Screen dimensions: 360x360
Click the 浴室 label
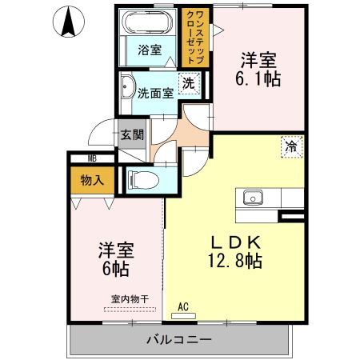pos(150,50)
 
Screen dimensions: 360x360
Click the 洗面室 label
pos(154,92)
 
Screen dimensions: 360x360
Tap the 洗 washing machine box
pos(189,82)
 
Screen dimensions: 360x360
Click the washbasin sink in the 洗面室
pos(126,90)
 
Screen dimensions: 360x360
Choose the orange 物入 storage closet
pos(91,180)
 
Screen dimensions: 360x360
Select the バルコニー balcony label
pos(178,339)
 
